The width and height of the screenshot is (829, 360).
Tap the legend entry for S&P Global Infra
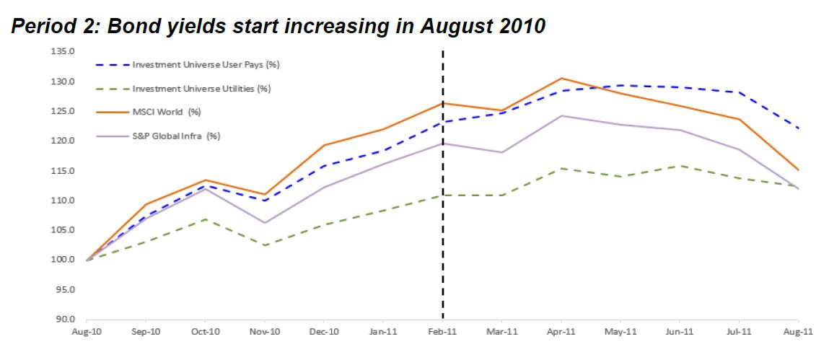(176, 136)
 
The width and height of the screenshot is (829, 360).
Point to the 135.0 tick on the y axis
(63, 51)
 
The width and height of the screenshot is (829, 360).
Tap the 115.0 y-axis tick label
(63, 170)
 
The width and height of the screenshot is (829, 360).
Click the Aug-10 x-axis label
(86, 332)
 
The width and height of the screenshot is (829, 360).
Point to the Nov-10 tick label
(264, 332)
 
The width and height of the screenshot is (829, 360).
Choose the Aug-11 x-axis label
(797, 332)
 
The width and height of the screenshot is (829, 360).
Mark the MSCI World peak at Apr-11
(561, 78)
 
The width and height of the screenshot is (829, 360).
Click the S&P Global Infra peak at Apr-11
(561, 115)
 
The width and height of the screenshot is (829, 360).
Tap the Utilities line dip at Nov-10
(264, 245)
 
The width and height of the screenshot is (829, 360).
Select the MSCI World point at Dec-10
(324, 145)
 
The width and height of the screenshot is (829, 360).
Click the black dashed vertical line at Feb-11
(442, 216)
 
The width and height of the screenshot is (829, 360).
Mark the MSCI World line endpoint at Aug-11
(798, 170)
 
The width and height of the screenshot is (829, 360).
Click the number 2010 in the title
(517, 27)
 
